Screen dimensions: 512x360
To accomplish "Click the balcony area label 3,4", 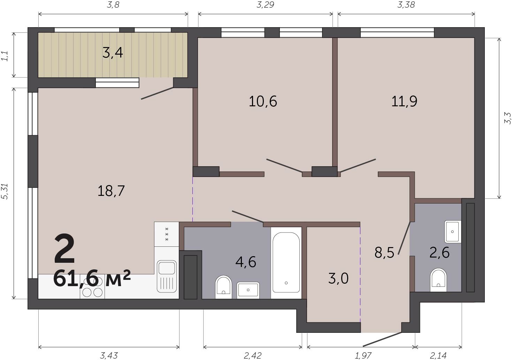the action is pyautogui.click(x=113, y=53).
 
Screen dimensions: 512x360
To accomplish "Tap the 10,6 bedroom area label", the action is pyautogui.click(x=263, y=101).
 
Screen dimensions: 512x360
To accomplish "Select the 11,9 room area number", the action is pyautogui.click(x=404, y=101).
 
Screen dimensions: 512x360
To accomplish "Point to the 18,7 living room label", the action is pyautogui.click(x=111, y=191).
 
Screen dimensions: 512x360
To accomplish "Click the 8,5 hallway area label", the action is pyautogui.click(x=384, y=253).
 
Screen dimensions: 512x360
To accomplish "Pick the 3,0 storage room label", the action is pyautogui.click(x=338, y=279).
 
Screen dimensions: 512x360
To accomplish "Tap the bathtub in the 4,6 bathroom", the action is pyautogui.click(x=286, y=263).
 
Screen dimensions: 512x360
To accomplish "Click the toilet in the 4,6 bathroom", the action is pyautogui.click(x=223, y=287).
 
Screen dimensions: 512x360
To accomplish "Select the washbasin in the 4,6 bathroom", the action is pyautogui.click(x=248, y=290).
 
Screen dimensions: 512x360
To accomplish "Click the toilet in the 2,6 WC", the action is pyautogui.click(x=438, y=280).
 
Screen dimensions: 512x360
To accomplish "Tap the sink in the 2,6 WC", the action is pyautogui.click(x=452, y=231).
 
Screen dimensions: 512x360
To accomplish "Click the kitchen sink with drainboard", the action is pyautogui.click(x=167, y=276).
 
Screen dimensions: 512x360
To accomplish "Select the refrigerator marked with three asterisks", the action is pyautogui.click(x=166, y=234).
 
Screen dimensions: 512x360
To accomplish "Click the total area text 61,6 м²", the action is pyautogui.click(x=92, y=278).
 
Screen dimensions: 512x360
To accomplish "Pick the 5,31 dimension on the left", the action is pyautogui.click(x=5, y=191).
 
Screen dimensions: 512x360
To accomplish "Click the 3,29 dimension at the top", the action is pyautogui.click(x=265, y=5).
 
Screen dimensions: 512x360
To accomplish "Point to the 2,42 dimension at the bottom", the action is pyautogui.click(x=253, y=356).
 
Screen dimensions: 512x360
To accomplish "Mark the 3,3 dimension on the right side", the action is pyautogui.click(x=507, y=118).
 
